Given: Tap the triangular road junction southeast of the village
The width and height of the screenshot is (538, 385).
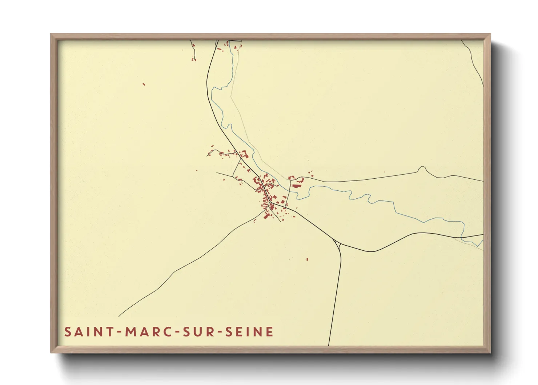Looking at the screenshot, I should click(338, 244).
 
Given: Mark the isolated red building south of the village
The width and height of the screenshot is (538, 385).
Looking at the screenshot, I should click(307, 259).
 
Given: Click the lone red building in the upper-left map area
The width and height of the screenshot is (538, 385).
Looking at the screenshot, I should click(144, 84).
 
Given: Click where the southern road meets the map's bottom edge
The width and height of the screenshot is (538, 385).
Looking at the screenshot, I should click(329, 345).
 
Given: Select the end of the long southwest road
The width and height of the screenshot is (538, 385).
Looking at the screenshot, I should click(119, 316).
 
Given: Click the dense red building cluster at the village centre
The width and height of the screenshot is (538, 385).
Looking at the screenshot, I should click(265, 189).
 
